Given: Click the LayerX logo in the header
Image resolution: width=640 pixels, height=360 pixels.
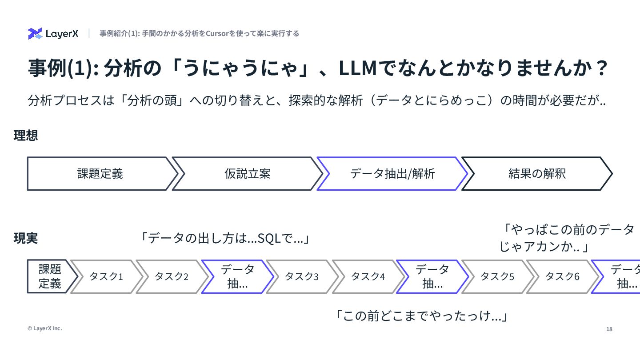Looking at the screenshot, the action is click(53, 34).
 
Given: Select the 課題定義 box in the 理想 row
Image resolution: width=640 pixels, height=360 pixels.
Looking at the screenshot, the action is click(100, 174).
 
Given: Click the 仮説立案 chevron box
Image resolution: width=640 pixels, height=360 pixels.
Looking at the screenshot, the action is click(247, 174).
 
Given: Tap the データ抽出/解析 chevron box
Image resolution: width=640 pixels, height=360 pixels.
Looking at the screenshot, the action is click(392, 174).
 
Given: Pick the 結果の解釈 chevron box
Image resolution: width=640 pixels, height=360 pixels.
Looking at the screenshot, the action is click(537, 174).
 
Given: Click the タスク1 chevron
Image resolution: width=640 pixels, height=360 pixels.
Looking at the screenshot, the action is click(106, 276).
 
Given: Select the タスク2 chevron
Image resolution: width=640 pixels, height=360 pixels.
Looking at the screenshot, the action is click(172, 276).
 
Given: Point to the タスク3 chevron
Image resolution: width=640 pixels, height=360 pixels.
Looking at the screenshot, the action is click(302, 276).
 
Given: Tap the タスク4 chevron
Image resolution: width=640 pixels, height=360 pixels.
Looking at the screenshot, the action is click(368, 276).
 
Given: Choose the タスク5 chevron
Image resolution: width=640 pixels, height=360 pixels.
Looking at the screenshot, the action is click(497, 276).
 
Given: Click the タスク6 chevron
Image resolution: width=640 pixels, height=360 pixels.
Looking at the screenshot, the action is click(563, 276).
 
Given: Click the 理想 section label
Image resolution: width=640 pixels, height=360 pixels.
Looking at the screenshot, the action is click(26, 136).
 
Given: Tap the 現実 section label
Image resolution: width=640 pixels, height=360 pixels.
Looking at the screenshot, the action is click(26, 239).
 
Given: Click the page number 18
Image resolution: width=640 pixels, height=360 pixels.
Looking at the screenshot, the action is click(609, 329).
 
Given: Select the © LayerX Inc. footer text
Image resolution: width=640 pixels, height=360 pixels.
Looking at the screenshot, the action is click(45, 328).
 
